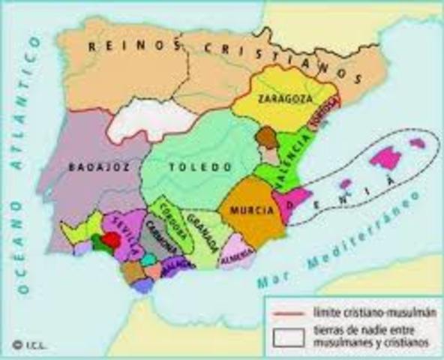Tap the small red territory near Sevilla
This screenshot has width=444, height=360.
[110, 240]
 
